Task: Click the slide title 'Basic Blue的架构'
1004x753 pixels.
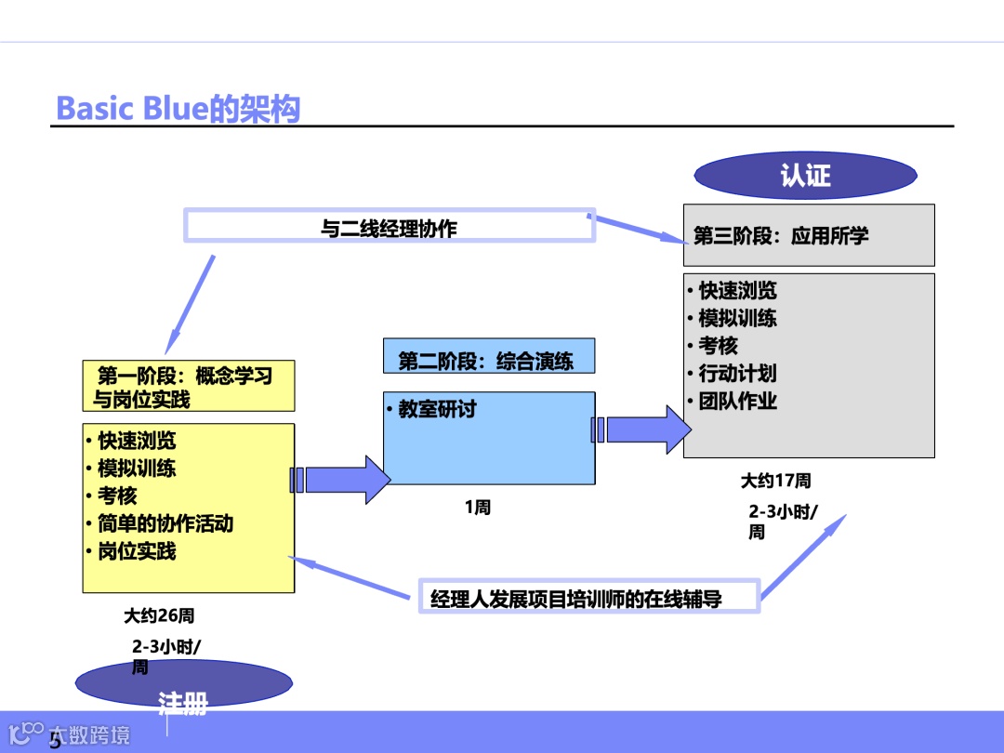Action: click(178, 109)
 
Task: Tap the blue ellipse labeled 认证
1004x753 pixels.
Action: click(805, 176)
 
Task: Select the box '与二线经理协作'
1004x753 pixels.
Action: click(390, 227)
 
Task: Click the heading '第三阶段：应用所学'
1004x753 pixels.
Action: click(781, 235)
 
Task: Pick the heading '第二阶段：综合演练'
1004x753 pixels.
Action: click(486, 361)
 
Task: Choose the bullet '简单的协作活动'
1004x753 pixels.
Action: click(165, 523)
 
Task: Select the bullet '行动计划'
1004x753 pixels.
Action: click(737, 374)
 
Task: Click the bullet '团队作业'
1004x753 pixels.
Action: click(737, 402)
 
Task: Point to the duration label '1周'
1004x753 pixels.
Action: click(478, 508)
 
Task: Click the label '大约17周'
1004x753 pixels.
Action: click(775, 481)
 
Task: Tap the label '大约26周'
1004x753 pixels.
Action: click(159, 615)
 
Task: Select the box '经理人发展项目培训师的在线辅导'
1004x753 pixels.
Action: click(576, 598)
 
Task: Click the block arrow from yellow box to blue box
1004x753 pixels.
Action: click(342, 480)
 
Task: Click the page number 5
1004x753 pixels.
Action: click(55, 741)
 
